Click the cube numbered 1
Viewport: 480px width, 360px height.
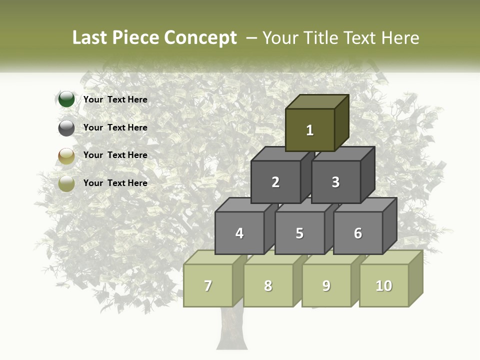click(310, 130)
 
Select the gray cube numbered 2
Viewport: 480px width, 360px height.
click(275, 182)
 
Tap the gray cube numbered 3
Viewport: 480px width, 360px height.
click(335, 182)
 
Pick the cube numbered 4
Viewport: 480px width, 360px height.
click(239, 233)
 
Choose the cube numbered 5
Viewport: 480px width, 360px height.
click(299, 233)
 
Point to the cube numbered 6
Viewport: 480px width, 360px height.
click(358, 233)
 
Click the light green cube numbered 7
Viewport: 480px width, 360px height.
click(208, 285)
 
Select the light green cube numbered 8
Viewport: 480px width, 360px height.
click(268, 285)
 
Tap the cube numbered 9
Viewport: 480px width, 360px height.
click(326, 285)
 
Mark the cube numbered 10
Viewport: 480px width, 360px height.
click(384, 285)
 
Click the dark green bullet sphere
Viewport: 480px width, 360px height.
click(66, 99)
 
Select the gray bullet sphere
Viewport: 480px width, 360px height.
click(66, 128)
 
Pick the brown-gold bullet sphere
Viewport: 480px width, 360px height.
click(66, 156)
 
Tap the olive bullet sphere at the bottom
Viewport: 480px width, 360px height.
click(66, 183)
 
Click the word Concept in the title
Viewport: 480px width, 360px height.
click(200, 38)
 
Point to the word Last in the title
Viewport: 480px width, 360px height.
click(91, 38)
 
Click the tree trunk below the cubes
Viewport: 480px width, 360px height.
click(232, 330)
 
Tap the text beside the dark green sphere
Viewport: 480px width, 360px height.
click(115, 99)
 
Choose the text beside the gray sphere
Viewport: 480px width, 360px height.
click(115, 127)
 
